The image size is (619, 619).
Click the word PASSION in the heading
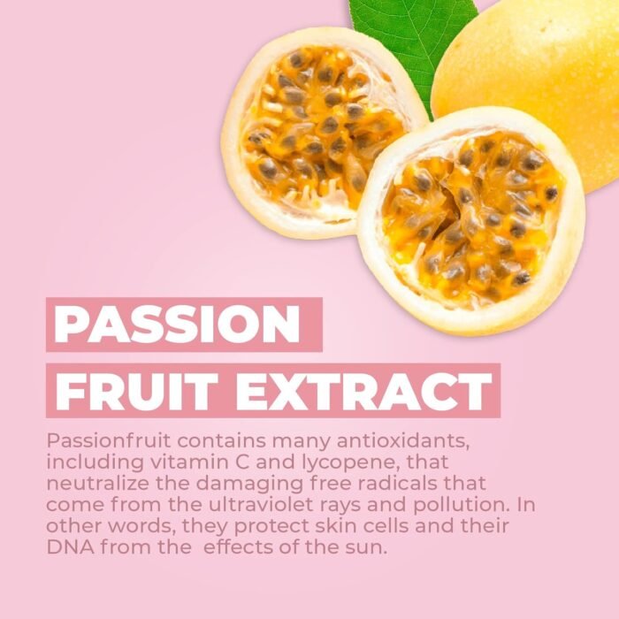click(177, 325)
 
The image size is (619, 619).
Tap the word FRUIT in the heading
click(136, 391)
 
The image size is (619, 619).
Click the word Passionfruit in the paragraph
click(109, 441)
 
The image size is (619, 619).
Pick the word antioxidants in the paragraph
click(403, 440)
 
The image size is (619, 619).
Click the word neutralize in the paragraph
click(98, 483)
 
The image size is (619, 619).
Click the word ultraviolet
click(264, 505)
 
